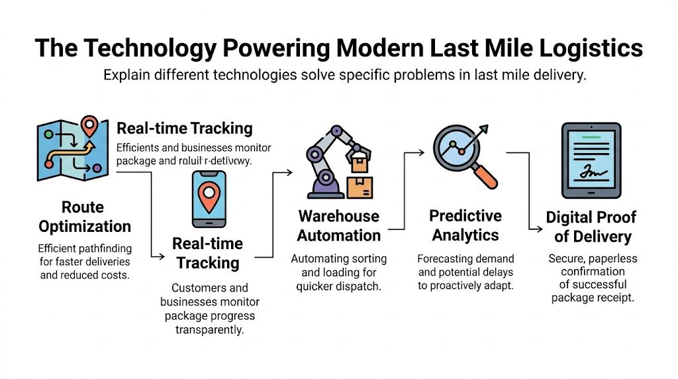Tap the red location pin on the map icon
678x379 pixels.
pos(89,125)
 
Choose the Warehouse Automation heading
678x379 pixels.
pos(338,226)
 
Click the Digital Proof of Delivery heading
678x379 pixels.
pos(591,227)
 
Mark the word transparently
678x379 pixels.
pos(209,329)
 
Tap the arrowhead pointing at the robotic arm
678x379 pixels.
pos(289,172)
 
